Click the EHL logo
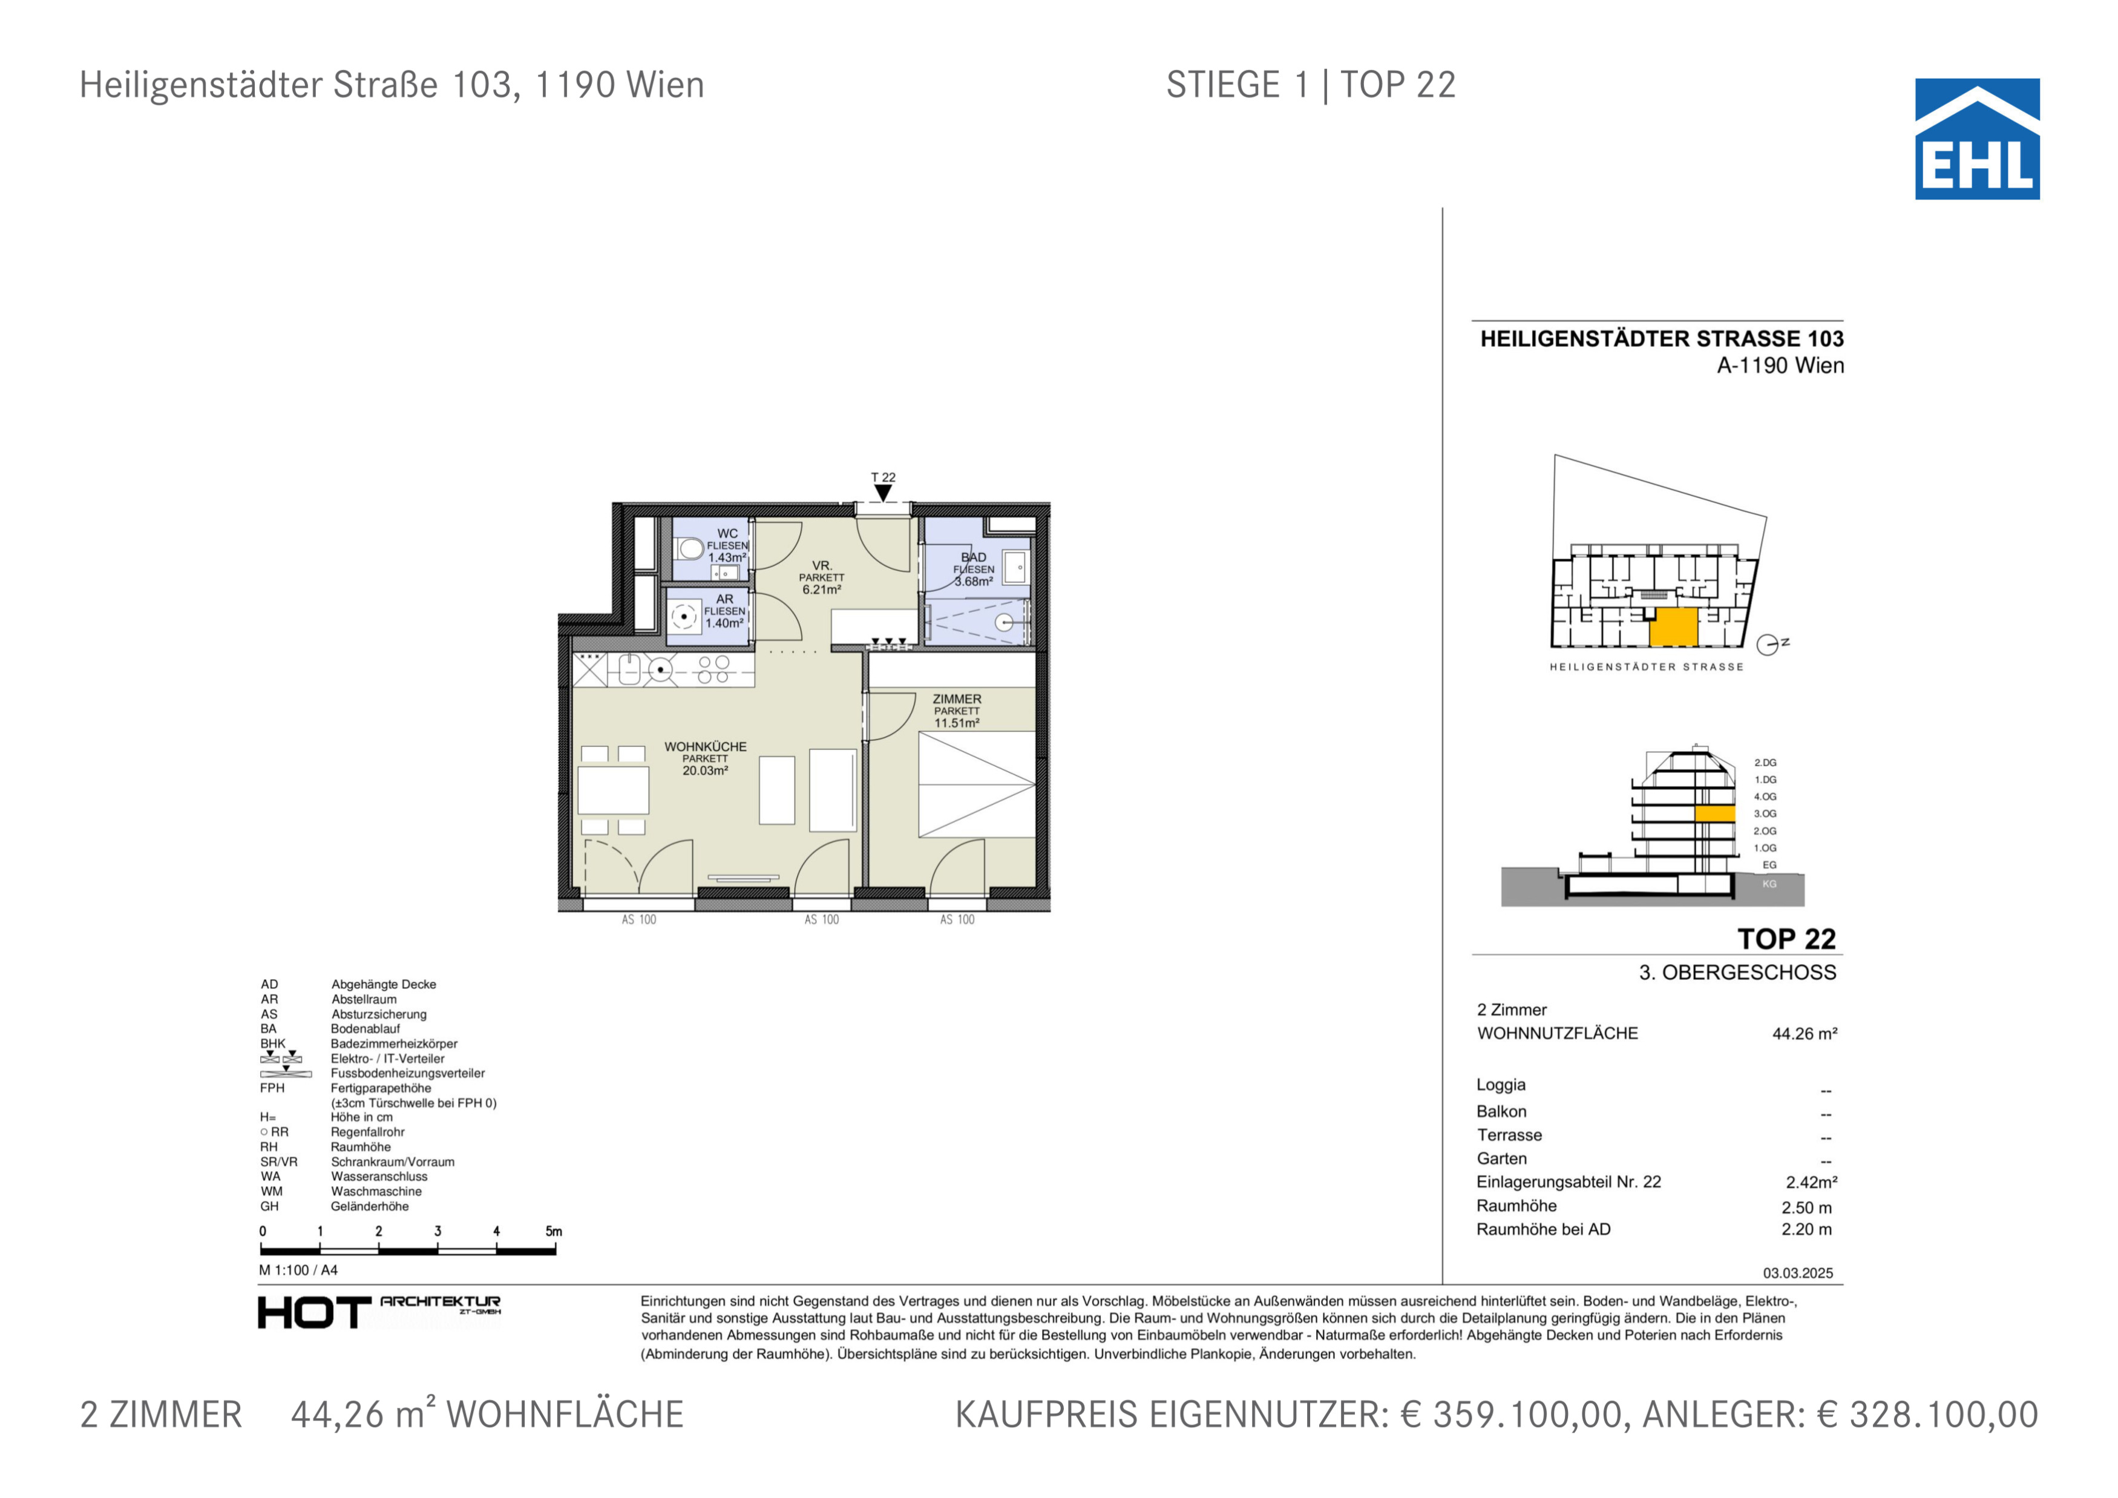[1977, 139]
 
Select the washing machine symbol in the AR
[684, 616]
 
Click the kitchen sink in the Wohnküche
[630, 669]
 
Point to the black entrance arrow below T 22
[884, 493]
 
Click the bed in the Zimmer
[977, 785]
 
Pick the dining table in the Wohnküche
[614, 790]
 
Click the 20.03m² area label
[706, 771]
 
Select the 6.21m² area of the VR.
[822, 590]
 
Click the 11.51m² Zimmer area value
[957, 723]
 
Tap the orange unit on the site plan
[1673, 627]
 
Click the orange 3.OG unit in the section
[1715, 815]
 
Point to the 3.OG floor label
[1765, 813]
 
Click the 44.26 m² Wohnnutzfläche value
[1805, 1034]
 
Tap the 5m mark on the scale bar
[554, 1232]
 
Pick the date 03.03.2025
[1798, 1274]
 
